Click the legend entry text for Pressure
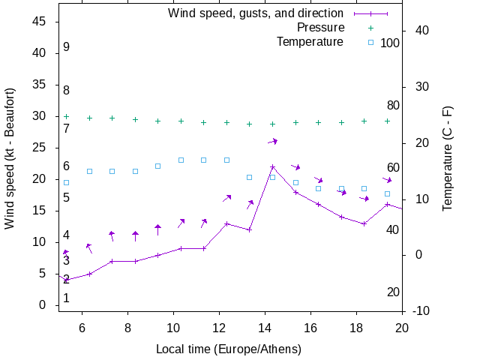[x=320, y=28]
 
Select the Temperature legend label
[x=310, y=42]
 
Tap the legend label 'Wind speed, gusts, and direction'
[x=256, y=13]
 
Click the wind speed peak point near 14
[x=273, y=167]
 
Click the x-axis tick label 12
[x=219, y=326]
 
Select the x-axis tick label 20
[x=402, y=326]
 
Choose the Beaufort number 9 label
[x=67, y=47]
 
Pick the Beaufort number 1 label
[x=67, y=298]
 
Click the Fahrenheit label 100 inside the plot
[x=390, y=43]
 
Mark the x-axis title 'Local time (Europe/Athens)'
[x=228, y=349]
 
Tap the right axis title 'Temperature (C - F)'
[x=448, y=159]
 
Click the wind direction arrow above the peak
[x=273, y=141]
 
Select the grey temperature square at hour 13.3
[x=250, y=178]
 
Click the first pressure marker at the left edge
[x=66, y=116]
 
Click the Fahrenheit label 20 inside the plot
[x=393, y=292]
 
